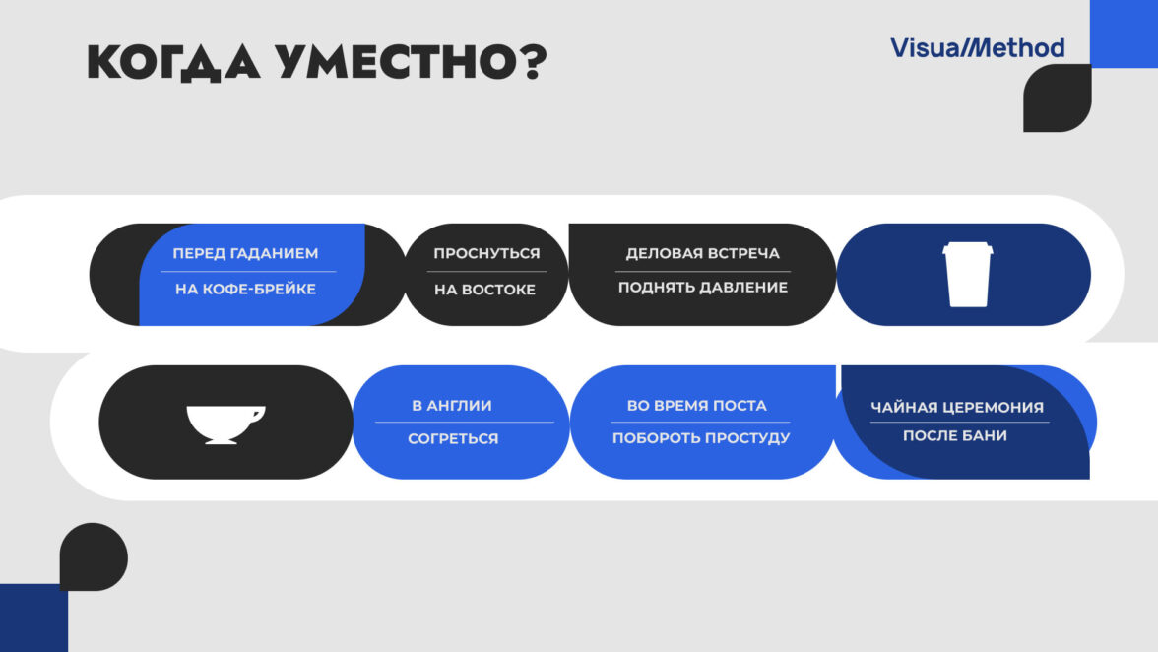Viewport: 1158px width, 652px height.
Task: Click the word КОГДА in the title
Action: (173, 62)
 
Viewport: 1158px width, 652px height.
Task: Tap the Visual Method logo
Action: (977, 48)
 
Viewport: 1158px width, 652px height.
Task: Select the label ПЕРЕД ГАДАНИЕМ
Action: (245, 253)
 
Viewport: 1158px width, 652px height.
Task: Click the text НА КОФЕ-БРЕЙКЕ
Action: (245, 289)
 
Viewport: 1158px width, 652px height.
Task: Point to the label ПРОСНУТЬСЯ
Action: (486, 253)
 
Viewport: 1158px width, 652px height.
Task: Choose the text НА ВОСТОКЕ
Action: (484, 290)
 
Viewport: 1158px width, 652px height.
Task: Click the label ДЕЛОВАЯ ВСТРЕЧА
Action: (702, 253)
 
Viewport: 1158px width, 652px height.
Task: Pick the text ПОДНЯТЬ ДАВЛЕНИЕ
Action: (702, 288)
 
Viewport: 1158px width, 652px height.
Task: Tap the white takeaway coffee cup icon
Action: (967, 275)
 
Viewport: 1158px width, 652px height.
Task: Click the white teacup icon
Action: (225, 424)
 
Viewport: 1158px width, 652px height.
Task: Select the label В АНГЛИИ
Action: (452, 406)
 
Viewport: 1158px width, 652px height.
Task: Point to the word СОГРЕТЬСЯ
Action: (453, 438)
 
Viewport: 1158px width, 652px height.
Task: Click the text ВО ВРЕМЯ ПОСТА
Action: (696, 406)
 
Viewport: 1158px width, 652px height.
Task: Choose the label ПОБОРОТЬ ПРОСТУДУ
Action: (701, 438)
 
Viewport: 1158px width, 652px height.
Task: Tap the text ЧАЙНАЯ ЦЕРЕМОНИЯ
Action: (957, 407)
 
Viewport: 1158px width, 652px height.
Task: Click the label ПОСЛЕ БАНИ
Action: (955, 435)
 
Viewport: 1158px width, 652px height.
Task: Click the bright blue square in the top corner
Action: (1125, 33)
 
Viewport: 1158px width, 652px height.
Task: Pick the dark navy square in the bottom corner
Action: (33, 619)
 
